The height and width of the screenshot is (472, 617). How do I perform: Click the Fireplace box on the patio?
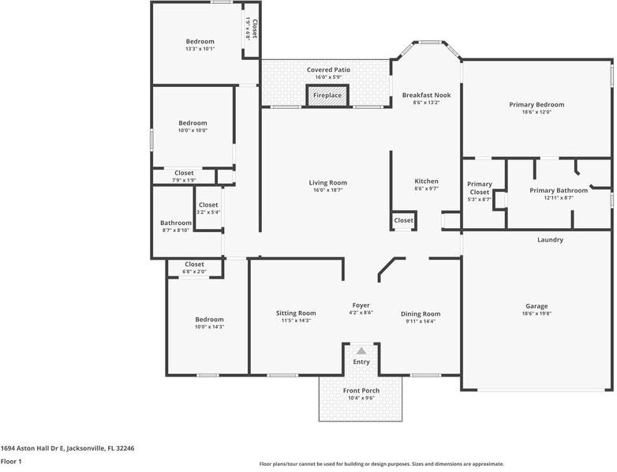click(x=327, y=96)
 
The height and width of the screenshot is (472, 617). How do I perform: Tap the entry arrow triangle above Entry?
click(x=361, y=350)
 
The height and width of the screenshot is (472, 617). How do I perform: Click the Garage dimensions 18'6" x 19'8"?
click(x=537, y=314)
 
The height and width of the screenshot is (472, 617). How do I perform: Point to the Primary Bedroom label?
click(x=537, y=104)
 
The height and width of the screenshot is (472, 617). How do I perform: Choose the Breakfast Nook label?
click(x=426, y=94)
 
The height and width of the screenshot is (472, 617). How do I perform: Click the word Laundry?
click(x=550, y=240)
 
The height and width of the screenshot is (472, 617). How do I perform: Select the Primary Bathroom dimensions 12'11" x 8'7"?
click(x=559, y=198)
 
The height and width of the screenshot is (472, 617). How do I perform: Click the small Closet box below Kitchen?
click(x=403, y=220)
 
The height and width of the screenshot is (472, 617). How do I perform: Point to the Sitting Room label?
click(x=296, y=313)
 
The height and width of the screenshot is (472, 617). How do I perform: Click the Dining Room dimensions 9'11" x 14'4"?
click(x=421, y=321)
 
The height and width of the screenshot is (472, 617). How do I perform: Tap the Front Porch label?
click(x=361, y=391)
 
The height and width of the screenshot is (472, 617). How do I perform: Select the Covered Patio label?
click(x=328, y=69)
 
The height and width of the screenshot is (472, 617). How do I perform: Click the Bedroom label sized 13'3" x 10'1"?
click(x=200, y=41)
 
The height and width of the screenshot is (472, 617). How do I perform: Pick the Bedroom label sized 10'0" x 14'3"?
click(x=209, y=320)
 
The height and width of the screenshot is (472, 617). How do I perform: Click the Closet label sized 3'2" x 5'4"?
click(x=208, y=205)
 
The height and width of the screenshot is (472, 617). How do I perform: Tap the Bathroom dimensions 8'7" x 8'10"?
click(x=176, y=230)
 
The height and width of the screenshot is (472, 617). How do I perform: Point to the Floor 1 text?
click(x=11, y=461)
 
